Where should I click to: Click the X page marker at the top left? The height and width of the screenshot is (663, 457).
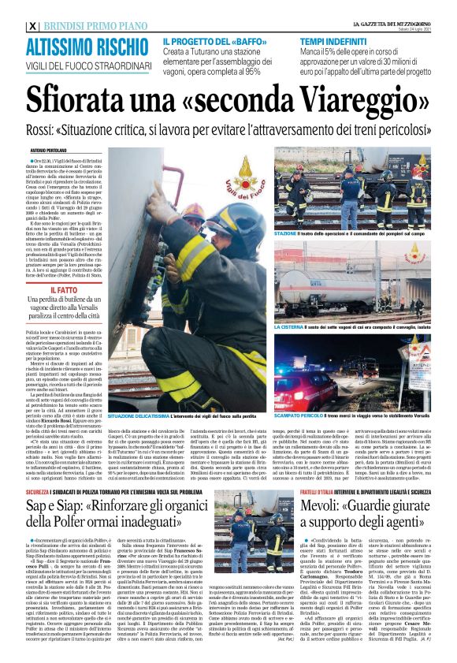pos(32,26)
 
